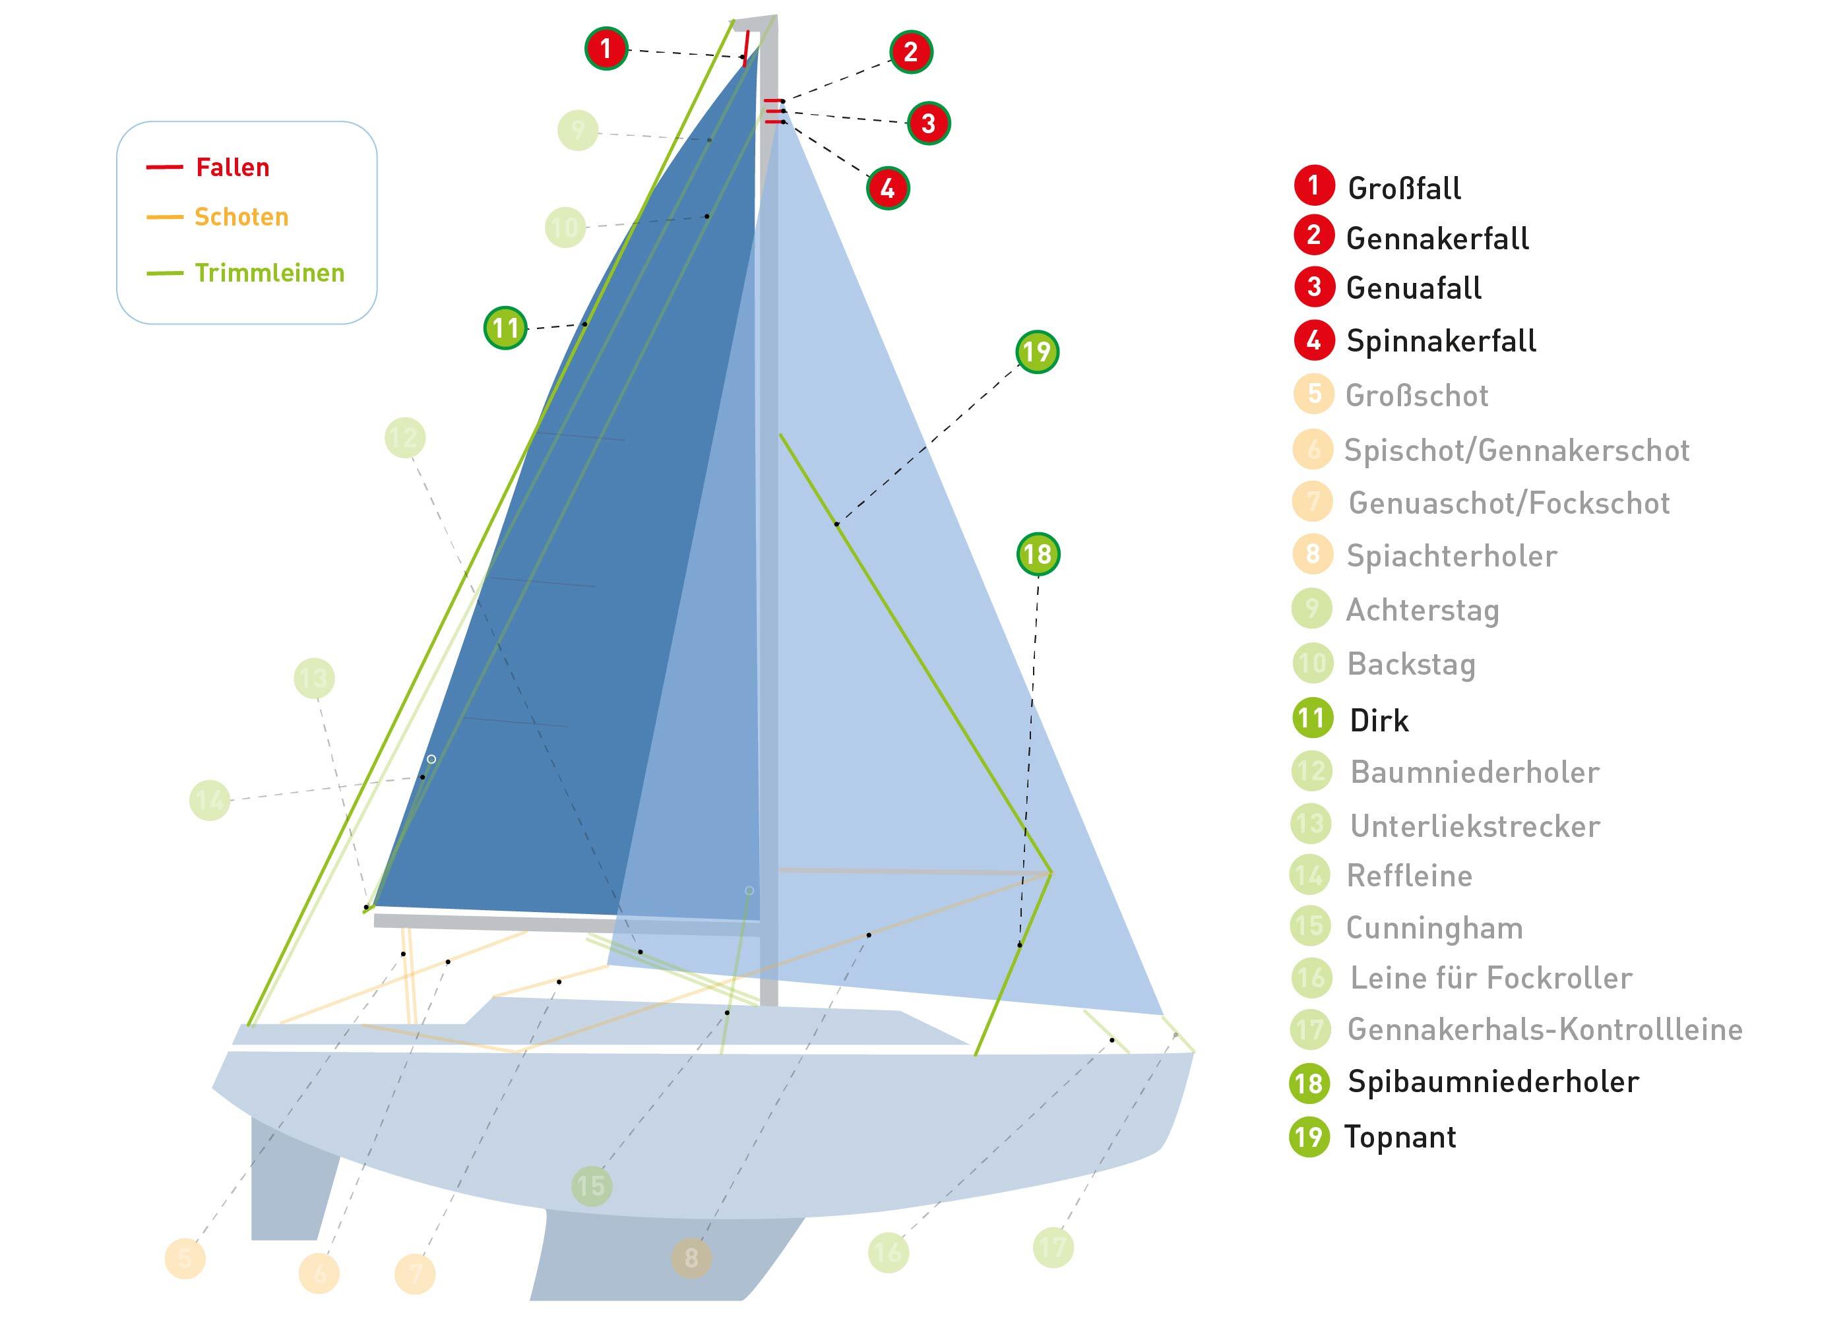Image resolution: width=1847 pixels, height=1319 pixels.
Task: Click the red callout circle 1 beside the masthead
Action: click(x=606, y=49)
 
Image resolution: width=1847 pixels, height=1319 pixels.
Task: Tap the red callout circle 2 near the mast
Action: click(x=910, y=52)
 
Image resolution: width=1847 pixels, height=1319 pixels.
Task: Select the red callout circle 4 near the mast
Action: click(x=888, y=189)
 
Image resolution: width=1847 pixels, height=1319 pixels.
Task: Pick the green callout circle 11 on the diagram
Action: click(x=505, y=328)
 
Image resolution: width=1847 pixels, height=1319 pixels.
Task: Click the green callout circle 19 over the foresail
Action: click(x=1037, y=352)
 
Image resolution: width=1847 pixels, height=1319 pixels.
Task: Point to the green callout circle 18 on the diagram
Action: click(x=1038, y=554)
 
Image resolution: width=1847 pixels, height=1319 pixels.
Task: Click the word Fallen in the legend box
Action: click(x=232, y=168)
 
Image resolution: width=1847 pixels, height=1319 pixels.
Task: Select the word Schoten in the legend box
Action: click(x=241, y=217)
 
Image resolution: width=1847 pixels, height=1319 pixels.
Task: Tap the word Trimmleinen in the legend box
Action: click(x=270, y=273)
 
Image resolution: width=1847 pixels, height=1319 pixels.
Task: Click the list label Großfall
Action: click(x=1404, y=189)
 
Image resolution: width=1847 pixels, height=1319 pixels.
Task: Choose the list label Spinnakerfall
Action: click(x=1441, y=341)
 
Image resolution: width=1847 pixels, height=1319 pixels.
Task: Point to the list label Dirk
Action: click(x=1379, y=720)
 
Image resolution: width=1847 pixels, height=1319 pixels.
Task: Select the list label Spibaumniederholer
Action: click(x=1493, y=1082)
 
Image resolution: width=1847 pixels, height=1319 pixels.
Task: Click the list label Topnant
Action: click(x=1400, y=1137)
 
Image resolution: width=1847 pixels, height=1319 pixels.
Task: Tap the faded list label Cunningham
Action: click(x=1434, y=927)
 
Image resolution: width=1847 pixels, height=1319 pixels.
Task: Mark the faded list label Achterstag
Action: click(x=1422, y=610)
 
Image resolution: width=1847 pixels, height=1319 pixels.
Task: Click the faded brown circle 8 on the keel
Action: click(x=691, y=1258)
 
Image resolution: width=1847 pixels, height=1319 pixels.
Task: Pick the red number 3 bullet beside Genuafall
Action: click(x=1314, y=288)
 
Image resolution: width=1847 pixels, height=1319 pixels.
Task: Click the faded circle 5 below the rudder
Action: click(x=185, y=1258)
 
